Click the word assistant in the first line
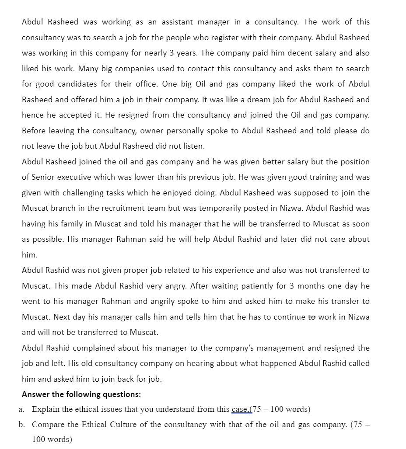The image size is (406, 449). pyautogui.click(x=177, y=22)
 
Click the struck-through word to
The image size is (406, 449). pyautogui.click(x=311, y=317)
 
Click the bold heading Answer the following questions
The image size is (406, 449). pyautogui.click(x=81, y=394)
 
